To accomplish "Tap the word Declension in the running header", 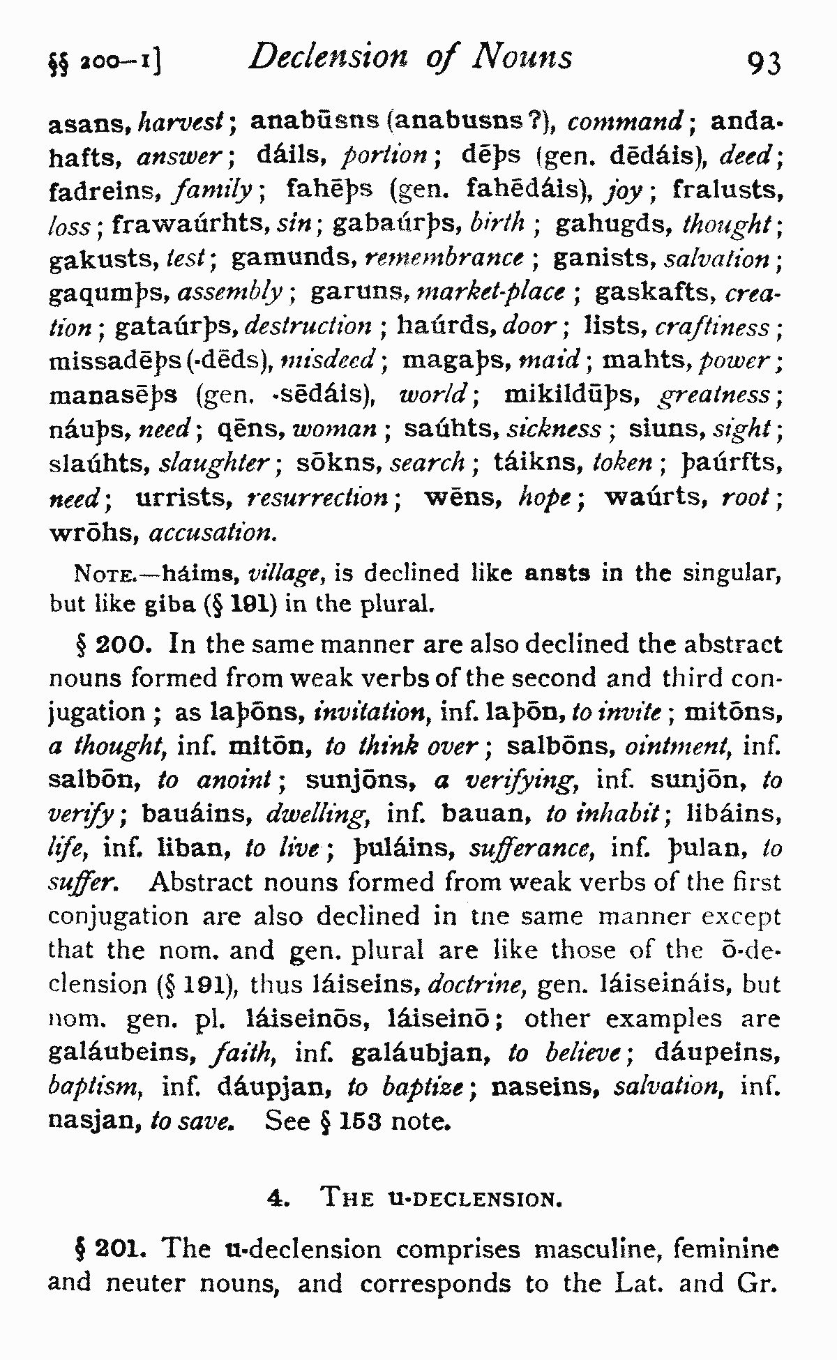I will point(328,57).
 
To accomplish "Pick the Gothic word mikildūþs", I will point(575,395).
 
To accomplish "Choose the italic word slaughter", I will point(220,464).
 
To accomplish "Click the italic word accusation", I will point(213,534).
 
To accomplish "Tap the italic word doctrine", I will point(476,985).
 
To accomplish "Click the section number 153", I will point(358,1121).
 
